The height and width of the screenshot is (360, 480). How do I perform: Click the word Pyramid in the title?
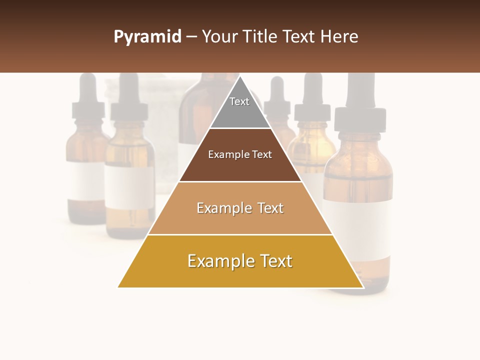(147, 37)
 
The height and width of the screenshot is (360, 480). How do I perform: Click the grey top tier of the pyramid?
(240, 112)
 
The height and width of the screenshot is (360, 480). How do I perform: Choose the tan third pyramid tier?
(240, 220)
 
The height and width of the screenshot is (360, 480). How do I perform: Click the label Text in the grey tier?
(239, 101)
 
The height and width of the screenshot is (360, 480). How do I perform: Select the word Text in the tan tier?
(270, 208)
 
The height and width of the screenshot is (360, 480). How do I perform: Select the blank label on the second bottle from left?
(129, 187)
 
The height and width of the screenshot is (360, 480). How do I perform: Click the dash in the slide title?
(191, 37)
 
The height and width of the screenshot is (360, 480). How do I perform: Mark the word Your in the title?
(218, 37)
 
